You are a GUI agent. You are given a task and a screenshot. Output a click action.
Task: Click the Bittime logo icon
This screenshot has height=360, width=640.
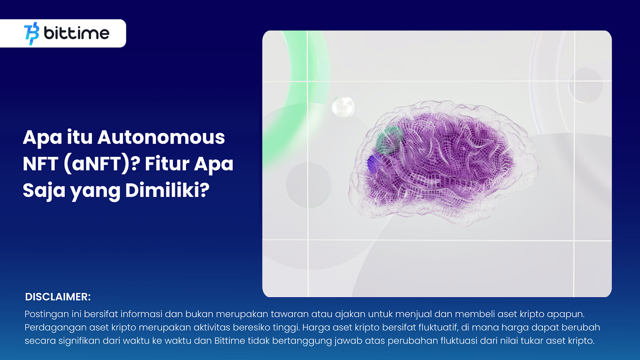coord(32,34)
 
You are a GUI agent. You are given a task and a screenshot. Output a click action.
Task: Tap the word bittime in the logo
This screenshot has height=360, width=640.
coord(76,33)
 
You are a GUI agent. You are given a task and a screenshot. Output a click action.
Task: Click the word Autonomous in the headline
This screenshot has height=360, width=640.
coord(161,138)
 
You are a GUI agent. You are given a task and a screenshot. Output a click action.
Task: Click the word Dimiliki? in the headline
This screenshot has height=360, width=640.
coord(168,190)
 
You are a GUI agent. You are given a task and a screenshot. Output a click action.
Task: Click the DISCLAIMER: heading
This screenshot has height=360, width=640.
coord(58,297)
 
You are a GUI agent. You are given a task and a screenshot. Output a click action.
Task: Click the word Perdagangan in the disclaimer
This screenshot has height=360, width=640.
coord(56,328)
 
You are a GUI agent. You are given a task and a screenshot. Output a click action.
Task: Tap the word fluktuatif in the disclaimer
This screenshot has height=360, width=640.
coord(438,328)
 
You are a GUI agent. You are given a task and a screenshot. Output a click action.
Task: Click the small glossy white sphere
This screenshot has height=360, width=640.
coord(343,107)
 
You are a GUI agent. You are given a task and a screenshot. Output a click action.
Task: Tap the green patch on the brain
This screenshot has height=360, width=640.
coord(389,140)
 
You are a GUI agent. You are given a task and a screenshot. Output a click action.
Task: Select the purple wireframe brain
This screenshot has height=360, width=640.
coord(444,163)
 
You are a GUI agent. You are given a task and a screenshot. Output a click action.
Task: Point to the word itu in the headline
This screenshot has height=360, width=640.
coord(80,138)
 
